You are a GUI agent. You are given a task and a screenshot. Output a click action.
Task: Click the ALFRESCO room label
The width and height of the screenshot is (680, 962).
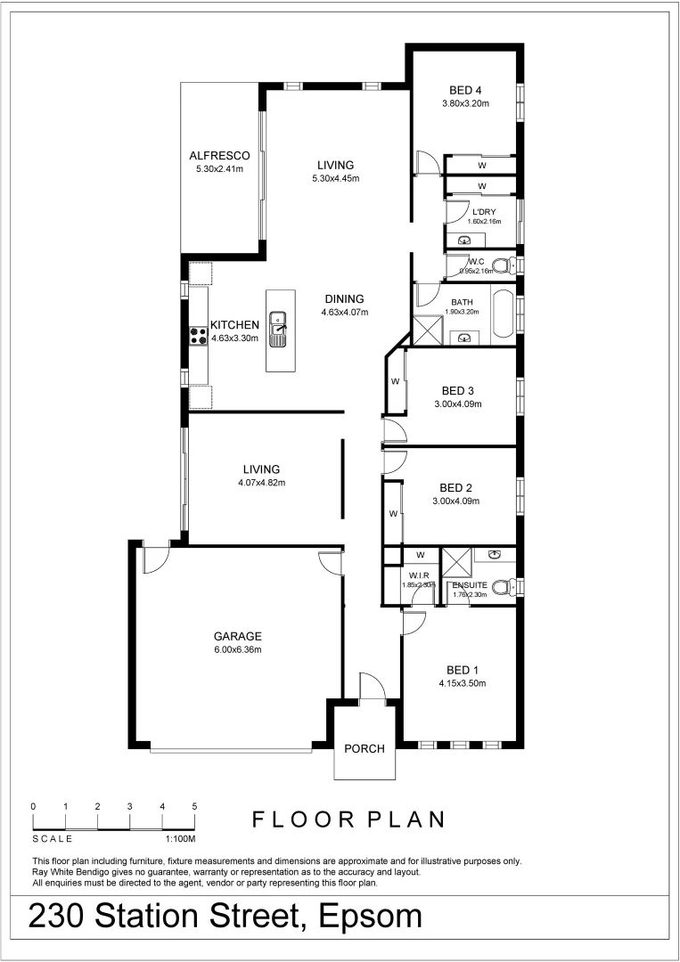[x=219, y=155]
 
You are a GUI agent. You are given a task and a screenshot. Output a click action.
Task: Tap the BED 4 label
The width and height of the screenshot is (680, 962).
[x=465, y=89]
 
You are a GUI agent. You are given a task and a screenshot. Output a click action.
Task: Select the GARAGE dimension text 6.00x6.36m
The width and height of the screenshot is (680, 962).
[x=237, y=649]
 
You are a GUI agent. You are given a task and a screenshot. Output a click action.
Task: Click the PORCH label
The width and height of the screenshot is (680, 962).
[x=365, y=749]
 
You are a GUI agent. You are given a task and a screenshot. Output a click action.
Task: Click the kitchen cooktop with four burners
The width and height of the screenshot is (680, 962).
[x=198, y=335]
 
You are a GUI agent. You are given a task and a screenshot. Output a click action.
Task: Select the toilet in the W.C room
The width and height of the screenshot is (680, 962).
[x=503, y=265]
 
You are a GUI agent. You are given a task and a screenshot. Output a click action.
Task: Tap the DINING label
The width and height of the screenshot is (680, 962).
[x=344, y=298]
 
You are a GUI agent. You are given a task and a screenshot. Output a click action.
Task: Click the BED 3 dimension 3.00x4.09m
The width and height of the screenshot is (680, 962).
[x=457, y=404]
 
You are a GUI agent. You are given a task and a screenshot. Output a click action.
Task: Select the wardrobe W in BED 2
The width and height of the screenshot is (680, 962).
[x=392, y=514]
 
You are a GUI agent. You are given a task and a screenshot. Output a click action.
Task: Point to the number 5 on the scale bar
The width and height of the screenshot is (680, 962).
[x=194, y=806]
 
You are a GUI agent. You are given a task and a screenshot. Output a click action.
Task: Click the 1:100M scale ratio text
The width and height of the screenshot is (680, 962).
[x=180, y=839]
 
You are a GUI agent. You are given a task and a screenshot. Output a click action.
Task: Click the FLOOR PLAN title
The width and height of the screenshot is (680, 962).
[x=348, y=819]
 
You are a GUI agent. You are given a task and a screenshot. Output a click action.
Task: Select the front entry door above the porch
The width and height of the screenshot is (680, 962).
[x=370, y=689]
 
